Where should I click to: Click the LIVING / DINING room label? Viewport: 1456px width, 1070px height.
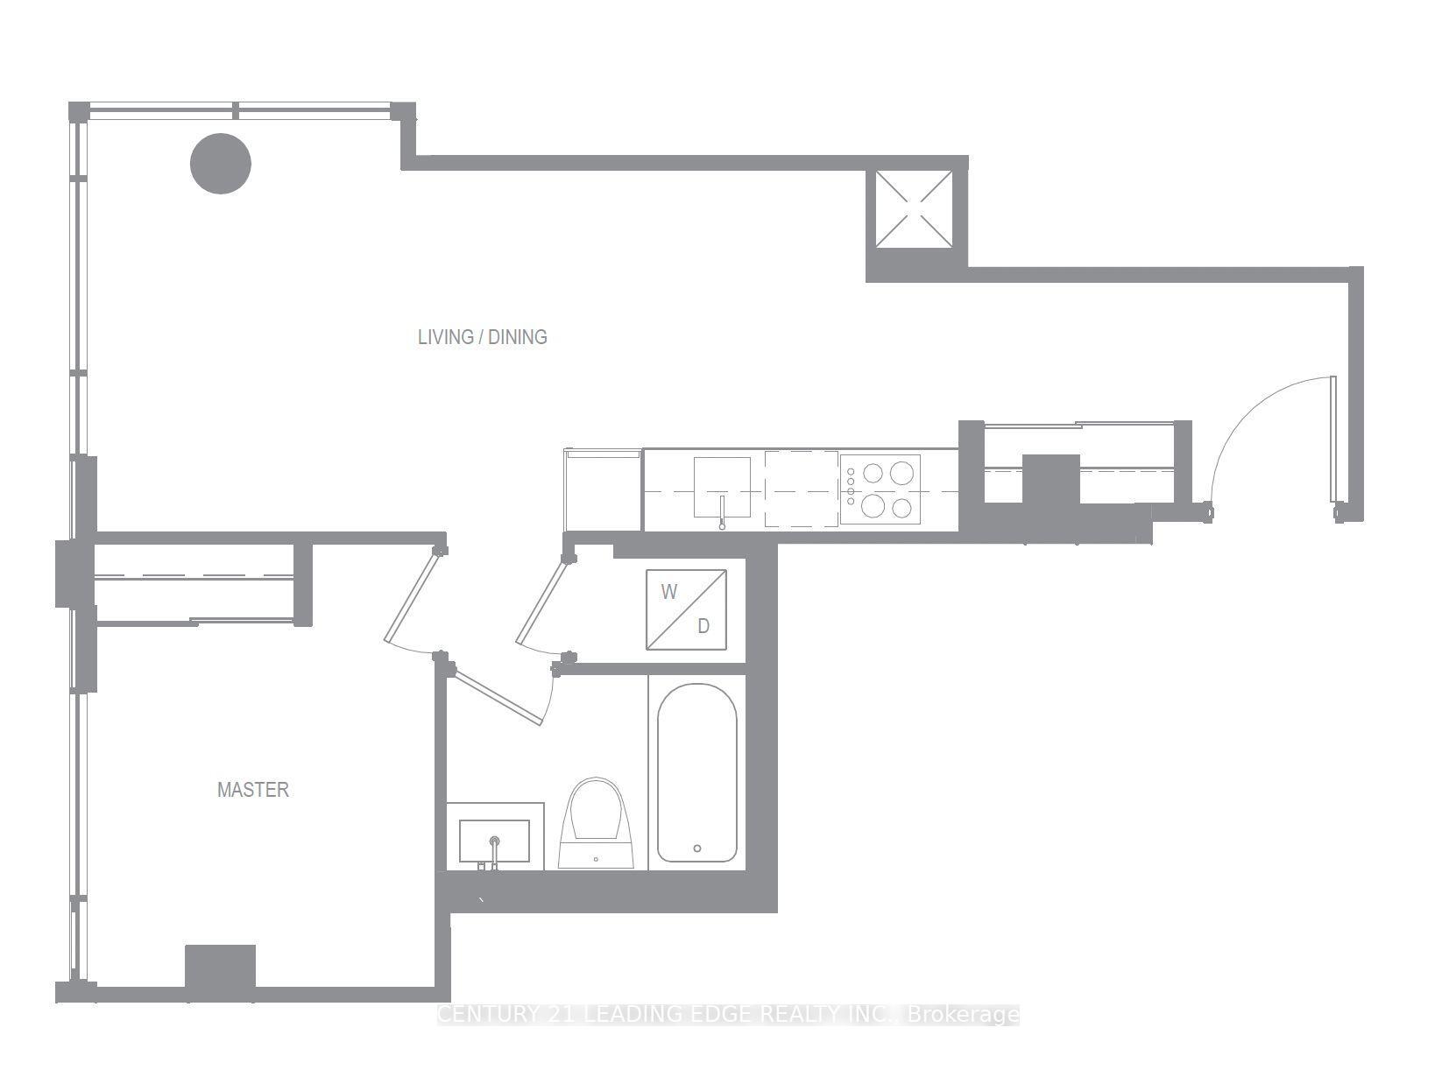click(x=482, y=337)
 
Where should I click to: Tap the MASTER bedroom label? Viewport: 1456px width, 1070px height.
click(x=252, y=790)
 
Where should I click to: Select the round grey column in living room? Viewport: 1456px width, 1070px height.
click(x=221, y=164)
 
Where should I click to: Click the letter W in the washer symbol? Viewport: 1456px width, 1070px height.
click(x=669, y=592)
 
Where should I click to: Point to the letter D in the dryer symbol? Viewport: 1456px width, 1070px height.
click(x=703, y=626)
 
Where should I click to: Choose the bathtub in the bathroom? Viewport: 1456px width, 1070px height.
click(x=696, y=772)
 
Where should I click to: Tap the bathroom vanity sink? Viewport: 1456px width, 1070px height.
click(x=494, y=841)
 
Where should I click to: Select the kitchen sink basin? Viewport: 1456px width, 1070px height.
click(x=722, y=487)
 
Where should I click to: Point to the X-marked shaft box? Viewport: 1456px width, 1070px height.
click(x=915, y=208)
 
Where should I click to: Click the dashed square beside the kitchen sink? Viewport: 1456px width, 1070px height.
click(x=801, y=489)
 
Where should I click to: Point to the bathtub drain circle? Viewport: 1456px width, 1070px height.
click(x=697, y=848)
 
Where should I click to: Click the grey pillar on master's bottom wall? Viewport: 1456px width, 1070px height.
click(x=220, y=969)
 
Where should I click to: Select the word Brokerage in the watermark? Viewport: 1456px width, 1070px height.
click(x=964, y=1015)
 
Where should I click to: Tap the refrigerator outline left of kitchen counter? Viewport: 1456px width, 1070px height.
click(x=604, y=490)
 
